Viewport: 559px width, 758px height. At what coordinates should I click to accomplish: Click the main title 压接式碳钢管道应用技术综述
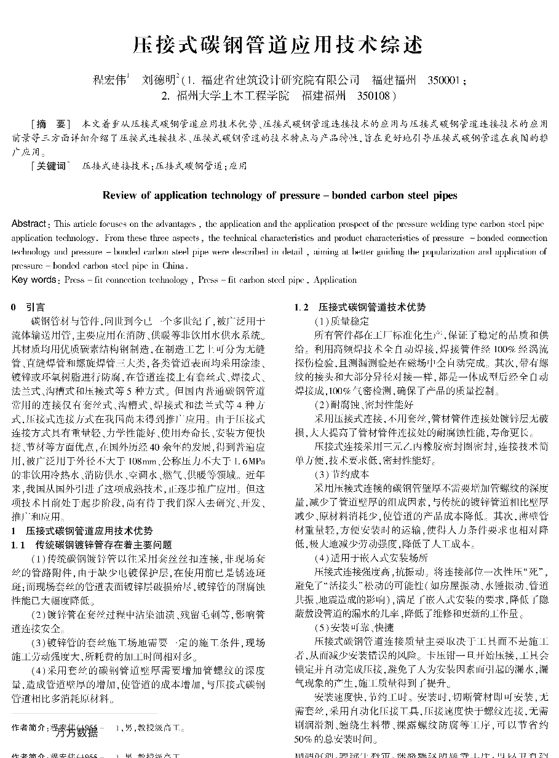click(279, 45)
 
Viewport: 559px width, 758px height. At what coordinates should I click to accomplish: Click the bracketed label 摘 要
click(52, 123)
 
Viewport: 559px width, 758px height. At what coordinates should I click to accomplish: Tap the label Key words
click(34, 280)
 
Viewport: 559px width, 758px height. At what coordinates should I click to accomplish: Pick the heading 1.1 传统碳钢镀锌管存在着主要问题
click(92, 545)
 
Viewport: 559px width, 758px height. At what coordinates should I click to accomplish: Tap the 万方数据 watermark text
click(76, 732)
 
